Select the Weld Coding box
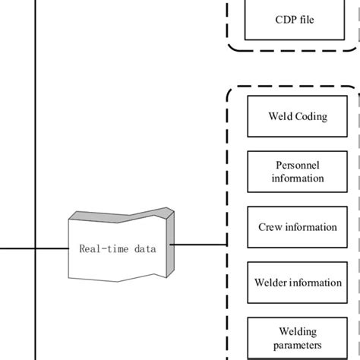pos(298,118)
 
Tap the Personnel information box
pos(298,172)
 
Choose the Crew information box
pos(298,227)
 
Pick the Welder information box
pos(298,283)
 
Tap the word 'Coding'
pos(313,118)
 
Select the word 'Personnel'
pos(298,165)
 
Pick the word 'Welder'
pos(271,283)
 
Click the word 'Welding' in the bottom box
pos(298,331)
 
